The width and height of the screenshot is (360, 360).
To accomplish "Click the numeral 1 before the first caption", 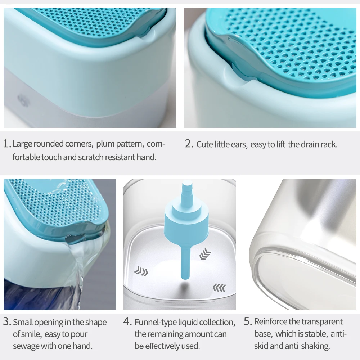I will pos(7,144).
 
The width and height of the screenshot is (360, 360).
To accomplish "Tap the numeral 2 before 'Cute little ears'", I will pos(189,144).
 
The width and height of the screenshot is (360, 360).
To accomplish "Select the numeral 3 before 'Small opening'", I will pos(7,321).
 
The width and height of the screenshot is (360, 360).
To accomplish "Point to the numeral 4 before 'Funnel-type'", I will pos(127,321).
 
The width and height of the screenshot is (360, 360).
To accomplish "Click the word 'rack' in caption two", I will pos(329,145).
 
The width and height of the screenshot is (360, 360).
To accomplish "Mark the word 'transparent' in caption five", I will pos(322,321).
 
